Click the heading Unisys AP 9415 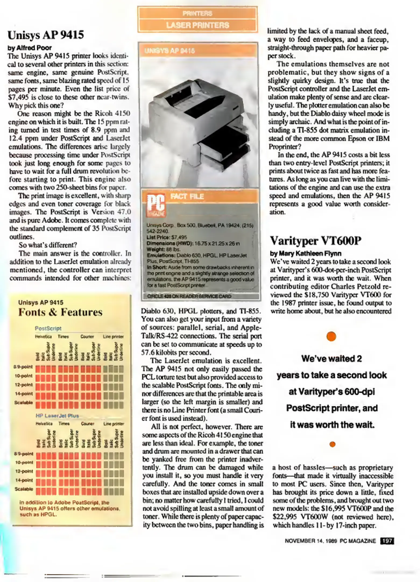[46, 35]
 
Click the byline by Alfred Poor [30, 48]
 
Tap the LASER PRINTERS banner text [197, 25]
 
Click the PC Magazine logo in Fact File [156, 205]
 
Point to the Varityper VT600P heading [315, 241]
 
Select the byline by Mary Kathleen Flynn [305, 254]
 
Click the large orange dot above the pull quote [331, 336]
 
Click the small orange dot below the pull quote [332, 444]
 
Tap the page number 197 [387, 541]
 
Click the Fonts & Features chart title [60, 312]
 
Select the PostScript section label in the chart [48, 328]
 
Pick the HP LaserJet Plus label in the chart [57, 415]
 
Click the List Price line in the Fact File [167, 237]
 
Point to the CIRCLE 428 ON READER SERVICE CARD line [189, 296]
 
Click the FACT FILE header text [187, 196]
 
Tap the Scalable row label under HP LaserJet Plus [24, 489]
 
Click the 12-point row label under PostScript [24, 385]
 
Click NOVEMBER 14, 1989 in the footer [311, 541]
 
